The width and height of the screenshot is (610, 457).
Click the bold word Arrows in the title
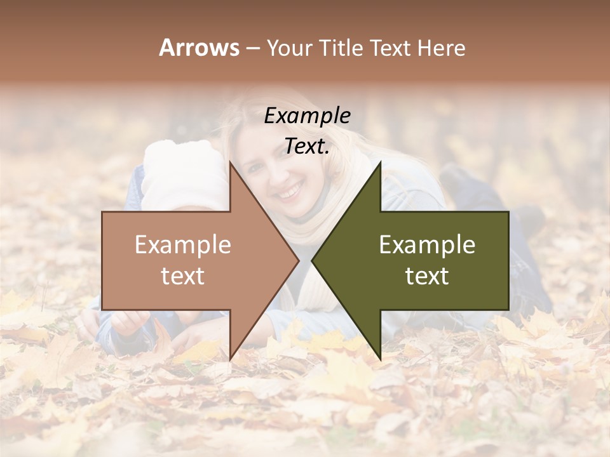[199, 48]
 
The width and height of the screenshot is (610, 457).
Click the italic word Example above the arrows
[307, 116]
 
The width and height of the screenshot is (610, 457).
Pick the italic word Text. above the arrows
[307, 146]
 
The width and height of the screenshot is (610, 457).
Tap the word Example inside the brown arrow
[183, 245]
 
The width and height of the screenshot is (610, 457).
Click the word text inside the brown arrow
[183, 276]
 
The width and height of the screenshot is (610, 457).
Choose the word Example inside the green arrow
[427, 245]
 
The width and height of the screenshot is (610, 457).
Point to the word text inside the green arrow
[427, 276]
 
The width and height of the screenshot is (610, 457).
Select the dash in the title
[252, 49]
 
